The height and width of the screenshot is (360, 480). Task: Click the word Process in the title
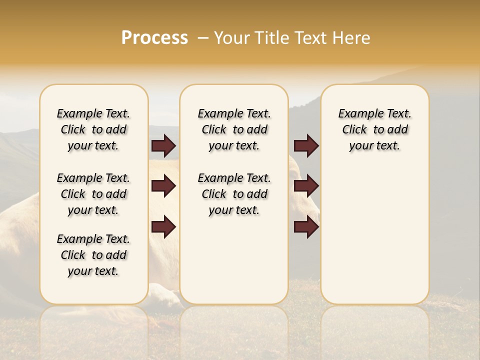click(154, 38)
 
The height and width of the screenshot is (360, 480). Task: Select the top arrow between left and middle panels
click(163, 145)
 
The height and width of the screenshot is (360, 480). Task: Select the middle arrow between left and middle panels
click(163, 186)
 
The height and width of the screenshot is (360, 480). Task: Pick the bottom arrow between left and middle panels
click(163, 227)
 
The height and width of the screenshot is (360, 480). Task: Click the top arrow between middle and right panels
click(306, 145)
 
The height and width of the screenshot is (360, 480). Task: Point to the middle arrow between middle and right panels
click(306, 186)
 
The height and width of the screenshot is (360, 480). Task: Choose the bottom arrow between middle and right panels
click(306, 227)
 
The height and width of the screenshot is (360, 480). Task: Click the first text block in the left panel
click(93, 129)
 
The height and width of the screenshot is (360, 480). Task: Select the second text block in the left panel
click(93, 194)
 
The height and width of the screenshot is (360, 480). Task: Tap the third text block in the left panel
click(93, 255)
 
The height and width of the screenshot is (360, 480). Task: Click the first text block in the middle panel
click(234, 129)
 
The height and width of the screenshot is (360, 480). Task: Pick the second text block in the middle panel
click(234, 194)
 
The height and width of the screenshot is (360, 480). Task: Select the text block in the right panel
click(374, 129)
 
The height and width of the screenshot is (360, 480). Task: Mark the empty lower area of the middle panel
click(234, 260)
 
